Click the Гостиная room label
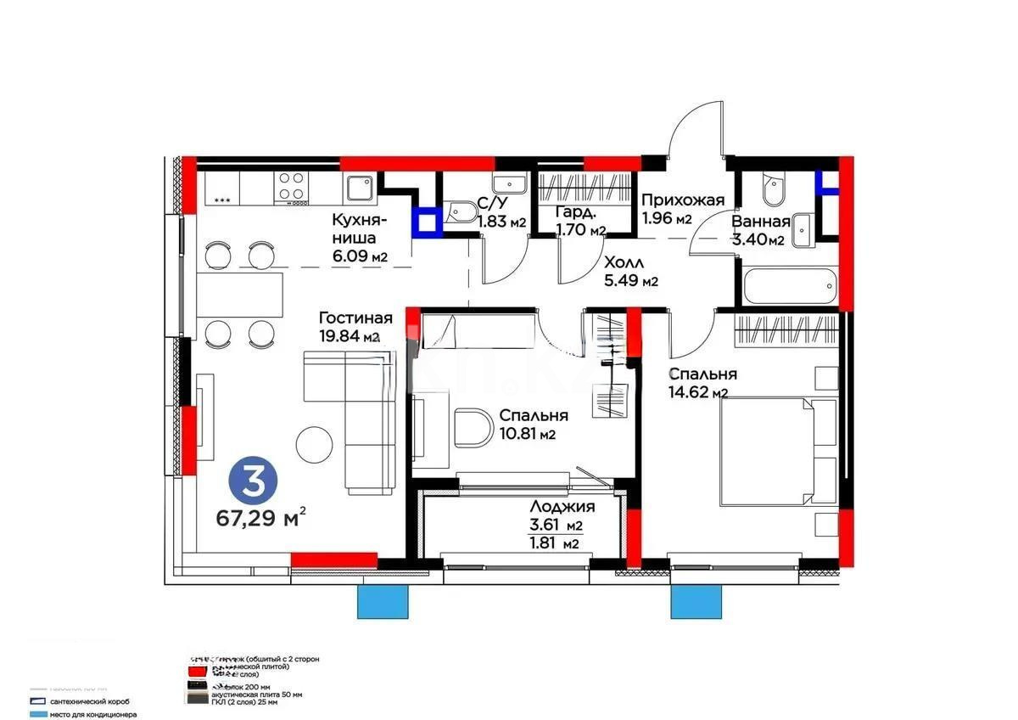(x=355, y=318)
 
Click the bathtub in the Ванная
(x=789, y=286)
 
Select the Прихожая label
(x=683, y=200)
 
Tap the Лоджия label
(x=557, y=506)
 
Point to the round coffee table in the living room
(x=314, y=442)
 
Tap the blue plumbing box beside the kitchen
(x=427, y=222)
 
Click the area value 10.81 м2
(x=527, y=435)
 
